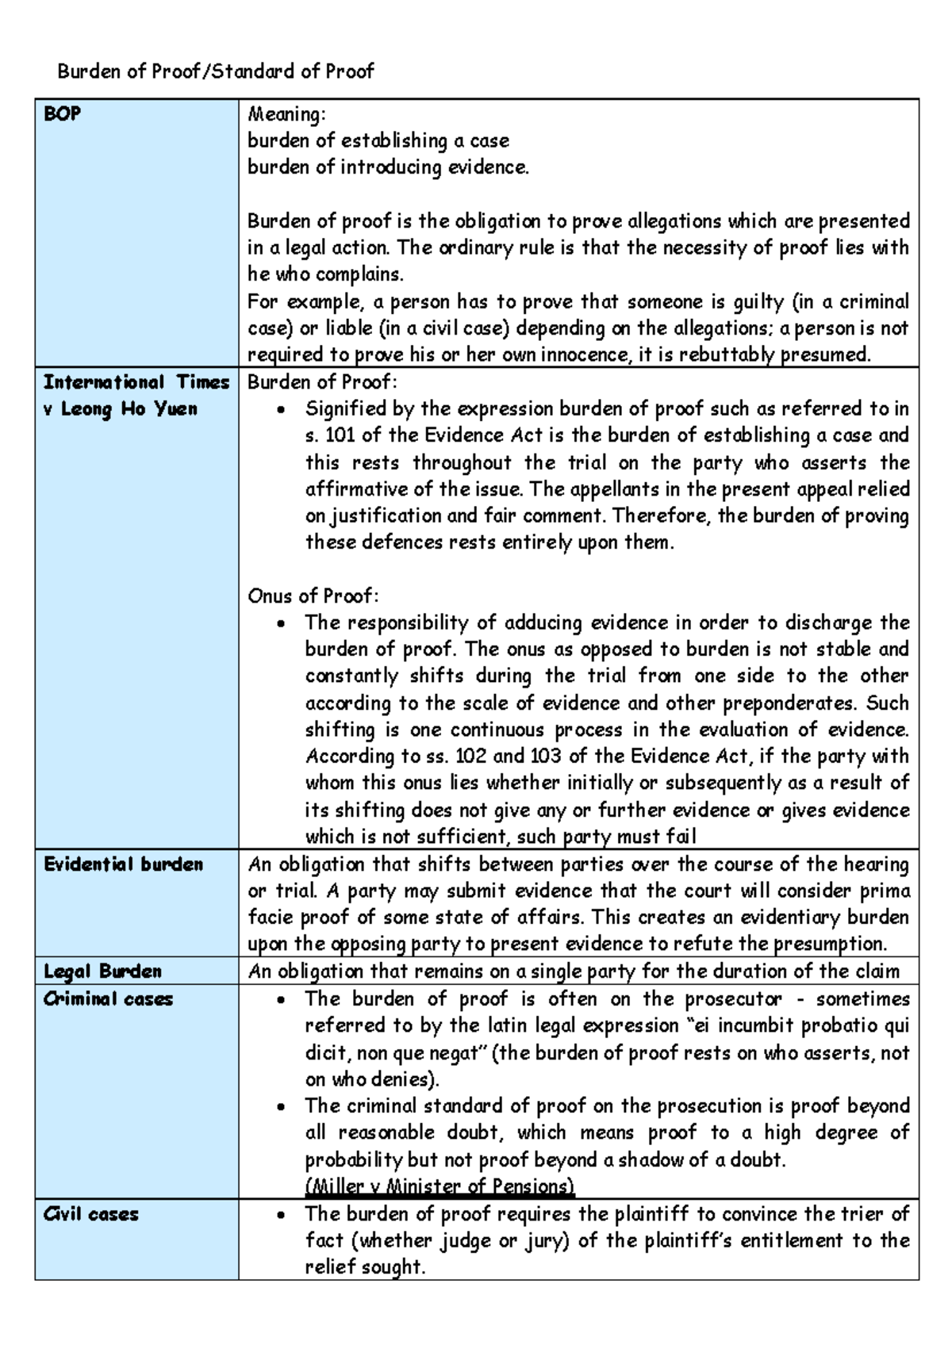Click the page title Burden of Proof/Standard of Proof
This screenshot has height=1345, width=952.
[x=215, y=71]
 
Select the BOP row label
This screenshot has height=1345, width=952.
[x=62, y=114]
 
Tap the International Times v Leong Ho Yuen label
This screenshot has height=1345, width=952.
[x=136, y=395]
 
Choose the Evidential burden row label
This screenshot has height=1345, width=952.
[x=123, y=864]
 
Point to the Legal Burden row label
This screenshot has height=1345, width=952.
[x=102, y=971]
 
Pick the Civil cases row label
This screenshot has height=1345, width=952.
[x=91, y=1213]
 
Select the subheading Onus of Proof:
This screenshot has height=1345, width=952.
[x=313, y=596]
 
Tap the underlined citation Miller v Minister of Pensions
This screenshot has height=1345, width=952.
[x=440, y=1186]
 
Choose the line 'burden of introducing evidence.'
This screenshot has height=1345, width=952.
[x=388, y=167]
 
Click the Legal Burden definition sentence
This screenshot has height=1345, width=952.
[x=574, y=971]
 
